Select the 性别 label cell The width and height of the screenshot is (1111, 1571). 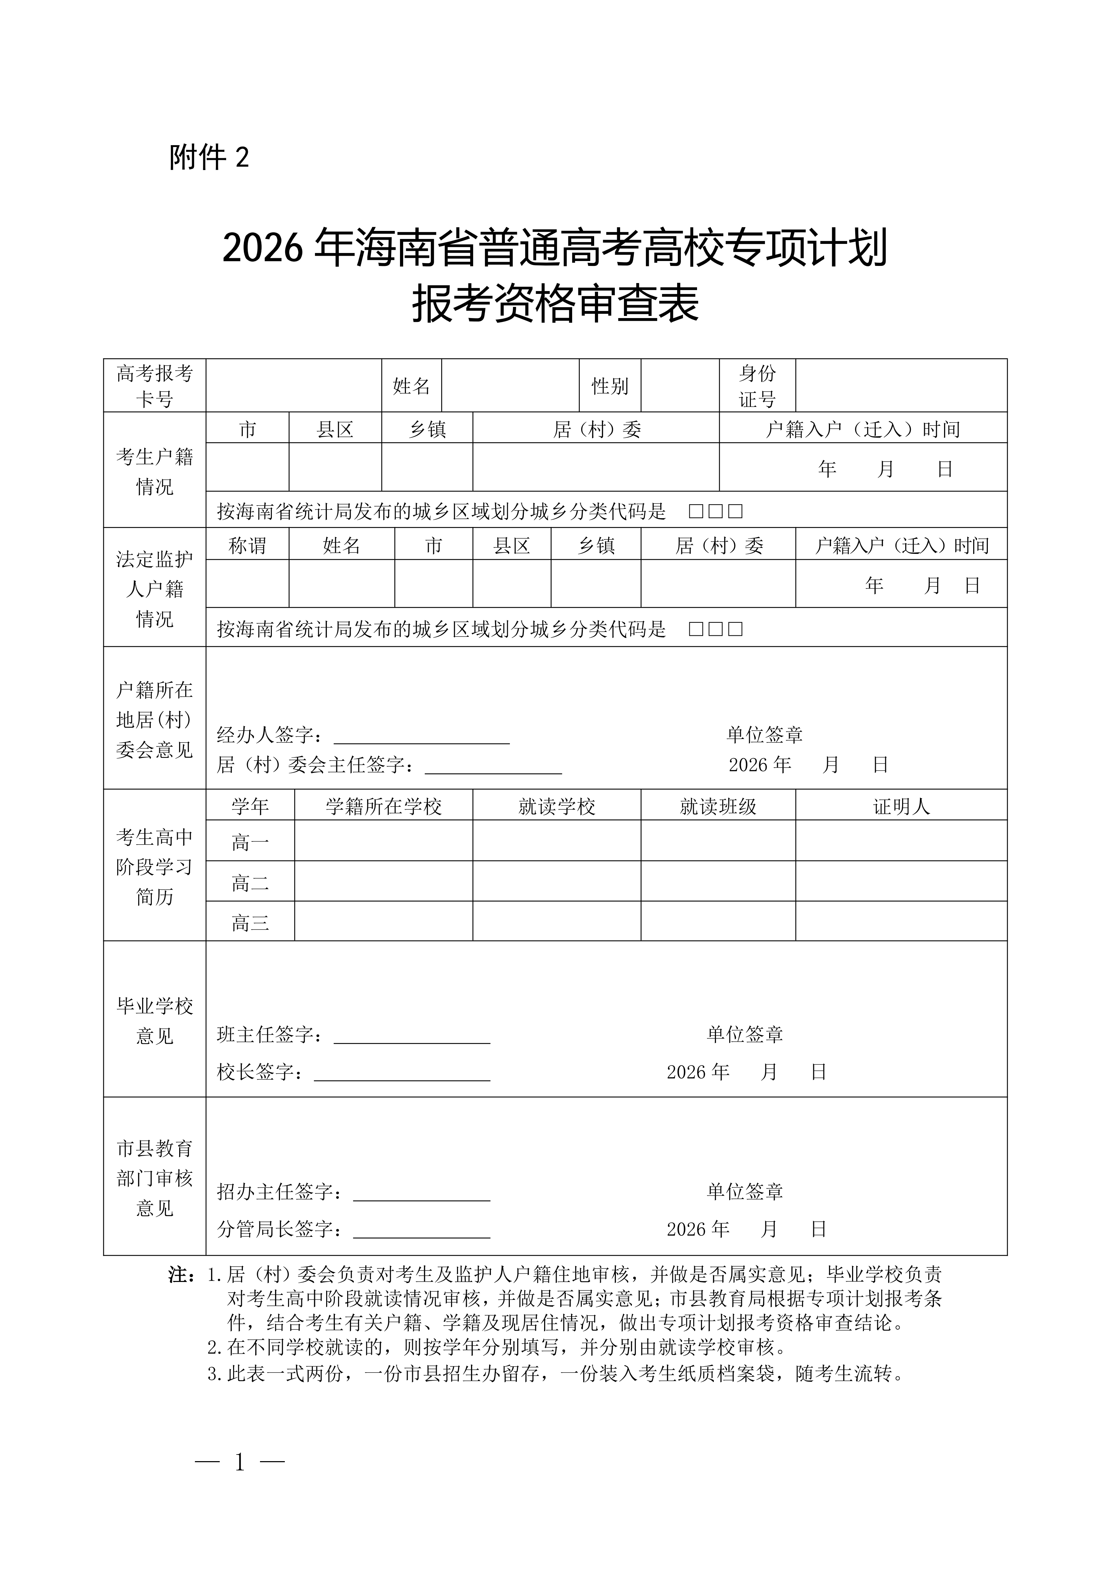[610, 386]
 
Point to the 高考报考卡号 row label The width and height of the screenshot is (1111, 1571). [155, 386]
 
